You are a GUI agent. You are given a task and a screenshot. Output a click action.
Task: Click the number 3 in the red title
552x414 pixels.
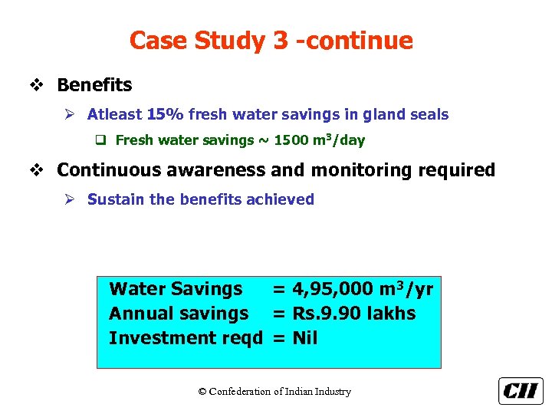[280, 41]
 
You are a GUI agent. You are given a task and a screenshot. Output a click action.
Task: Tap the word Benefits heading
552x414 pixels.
[94, 85]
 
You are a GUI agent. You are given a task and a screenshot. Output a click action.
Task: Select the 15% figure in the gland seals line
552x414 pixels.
[165, 115]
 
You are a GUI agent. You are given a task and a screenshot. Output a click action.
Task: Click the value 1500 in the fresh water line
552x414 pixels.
[292, 140]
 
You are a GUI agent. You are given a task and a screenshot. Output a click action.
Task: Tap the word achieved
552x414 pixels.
[280, 199]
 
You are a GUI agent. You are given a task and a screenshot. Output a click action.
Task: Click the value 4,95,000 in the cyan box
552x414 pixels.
[332, 289]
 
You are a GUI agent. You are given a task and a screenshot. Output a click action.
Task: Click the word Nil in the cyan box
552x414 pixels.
[305, 338]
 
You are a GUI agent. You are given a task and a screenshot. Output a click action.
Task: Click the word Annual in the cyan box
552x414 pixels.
[136, 314]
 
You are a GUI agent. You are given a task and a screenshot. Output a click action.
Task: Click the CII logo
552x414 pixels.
[521, 390]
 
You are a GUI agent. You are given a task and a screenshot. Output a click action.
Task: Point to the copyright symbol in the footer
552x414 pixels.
[202, 392]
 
